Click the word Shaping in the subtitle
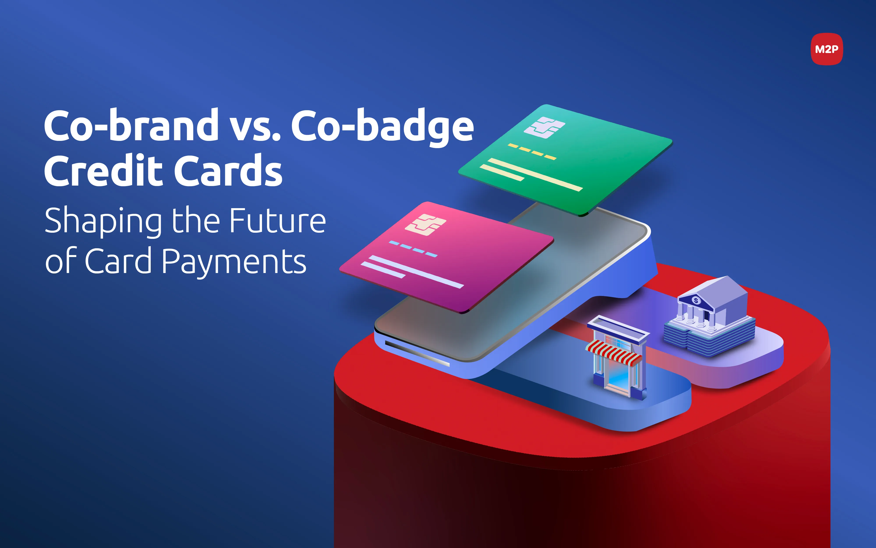click(x=103, y=221)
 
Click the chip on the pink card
click(x=425, y=225)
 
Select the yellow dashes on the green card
click(x=532, y=151)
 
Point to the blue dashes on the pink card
click(x=413, y=249)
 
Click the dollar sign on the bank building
click(x=695, y=300)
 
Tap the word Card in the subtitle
click(x=118, y=261)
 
